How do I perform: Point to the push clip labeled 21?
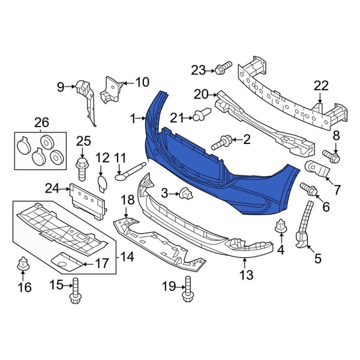point(203,113)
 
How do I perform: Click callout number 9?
point(60,88)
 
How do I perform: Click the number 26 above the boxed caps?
point(41,123)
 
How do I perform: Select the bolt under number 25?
point(82,164)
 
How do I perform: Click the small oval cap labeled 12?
point(102,182)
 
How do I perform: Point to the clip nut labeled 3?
point(186,193)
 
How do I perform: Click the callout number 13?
point(247,275)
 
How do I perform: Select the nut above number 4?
point(280,228)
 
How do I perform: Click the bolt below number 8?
point(333,157)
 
